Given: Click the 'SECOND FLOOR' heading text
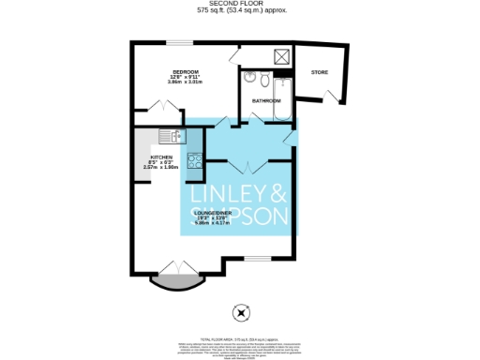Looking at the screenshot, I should coord(240,4).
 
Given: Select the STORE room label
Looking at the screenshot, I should coord(320,71).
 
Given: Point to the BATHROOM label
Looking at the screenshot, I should coord(266,100).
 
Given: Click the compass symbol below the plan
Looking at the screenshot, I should coord(242,314).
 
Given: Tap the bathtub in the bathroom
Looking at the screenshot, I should coord(282,97).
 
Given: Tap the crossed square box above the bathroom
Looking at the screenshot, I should coord(280,53).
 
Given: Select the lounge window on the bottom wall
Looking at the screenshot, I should coord(256,259).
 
